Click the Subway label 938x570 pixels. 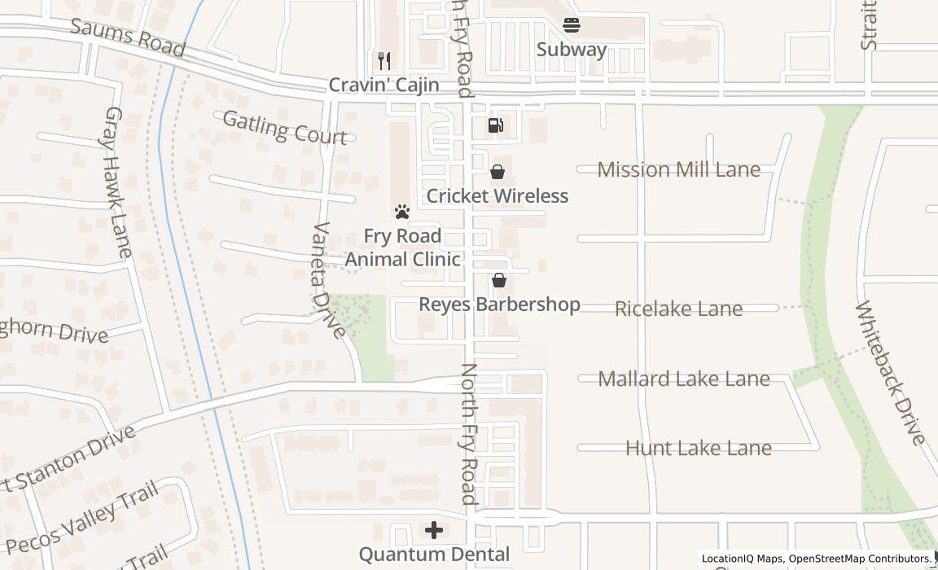572,50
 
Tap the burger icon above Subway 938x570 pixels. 572,25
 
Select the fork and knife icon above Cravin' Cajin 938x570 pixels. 384,60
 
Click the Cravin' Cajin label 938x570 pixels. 384,85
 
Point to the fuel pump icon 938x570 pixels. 495,125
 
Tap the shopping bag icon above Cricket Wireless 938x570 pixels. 497,172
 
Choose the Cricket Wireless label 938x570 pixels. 497,196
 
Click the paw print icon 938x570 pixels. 402,212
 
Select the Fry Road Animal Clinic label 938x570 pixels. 402,248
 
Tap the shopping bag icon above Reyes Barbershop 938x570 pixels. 499,280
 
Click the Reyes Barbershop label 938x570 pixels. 499,305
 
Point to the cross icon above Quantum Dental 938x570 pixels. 434,531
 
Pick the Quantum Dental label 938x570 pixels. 434,555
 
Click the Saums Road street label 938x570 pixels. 128,37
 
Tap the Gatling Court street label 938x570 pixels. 284,128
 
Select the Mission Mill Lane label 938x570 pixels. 679,169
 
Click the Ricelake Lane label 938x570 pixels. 678,309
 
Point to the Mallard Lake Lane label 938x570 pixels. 684,379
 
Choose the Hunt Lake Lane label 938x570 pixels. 699,448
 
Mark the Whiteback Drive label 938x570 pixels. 890,373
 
